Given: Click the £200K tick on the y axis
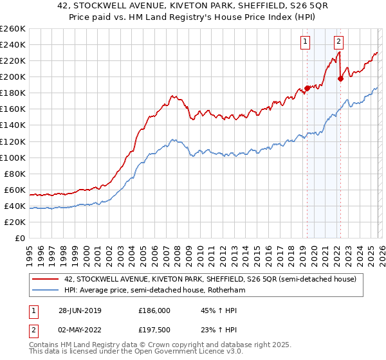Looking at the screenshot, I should point(13,76).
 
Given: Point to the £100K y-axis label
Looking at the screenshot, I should point(13,157).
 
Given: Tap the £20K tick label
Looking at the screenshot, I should point(15,222).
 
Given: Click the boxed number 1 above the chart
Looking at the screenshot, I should point(305,42).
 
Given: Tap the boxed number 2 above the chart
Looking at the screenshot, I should point(338,42).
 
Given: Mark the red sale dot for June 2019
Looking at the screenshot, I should point(307,88).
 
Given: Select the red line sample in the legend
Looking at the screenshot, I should point(46,280).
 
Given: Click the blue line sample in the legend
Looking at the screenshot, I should point(46,291).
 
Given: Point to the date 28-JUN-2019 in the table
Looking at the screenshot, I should point(79,310).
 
